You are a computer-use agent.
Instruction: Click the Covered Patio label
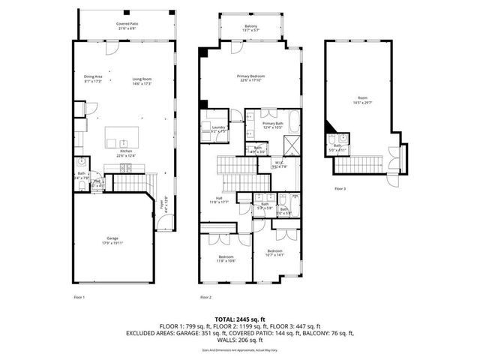[x=126, y=25]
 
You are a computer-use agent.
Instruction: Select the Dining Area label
[x=92, y=77]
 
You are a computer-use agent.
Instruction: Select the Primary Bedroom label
[x=251, y=77]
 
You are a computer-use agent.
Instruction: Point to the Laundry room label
[x=218, y=128]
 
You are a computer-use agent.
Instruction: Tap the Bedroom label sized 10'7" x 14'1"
[x=275, y=252]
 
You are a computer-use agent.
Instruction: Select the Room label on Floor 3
[x=362, y=98]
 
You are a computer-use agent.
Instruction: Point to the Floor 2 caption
[x=205, y=298]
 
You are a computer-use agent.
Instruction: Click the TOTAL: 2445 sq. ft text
[x=240, y=319]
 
